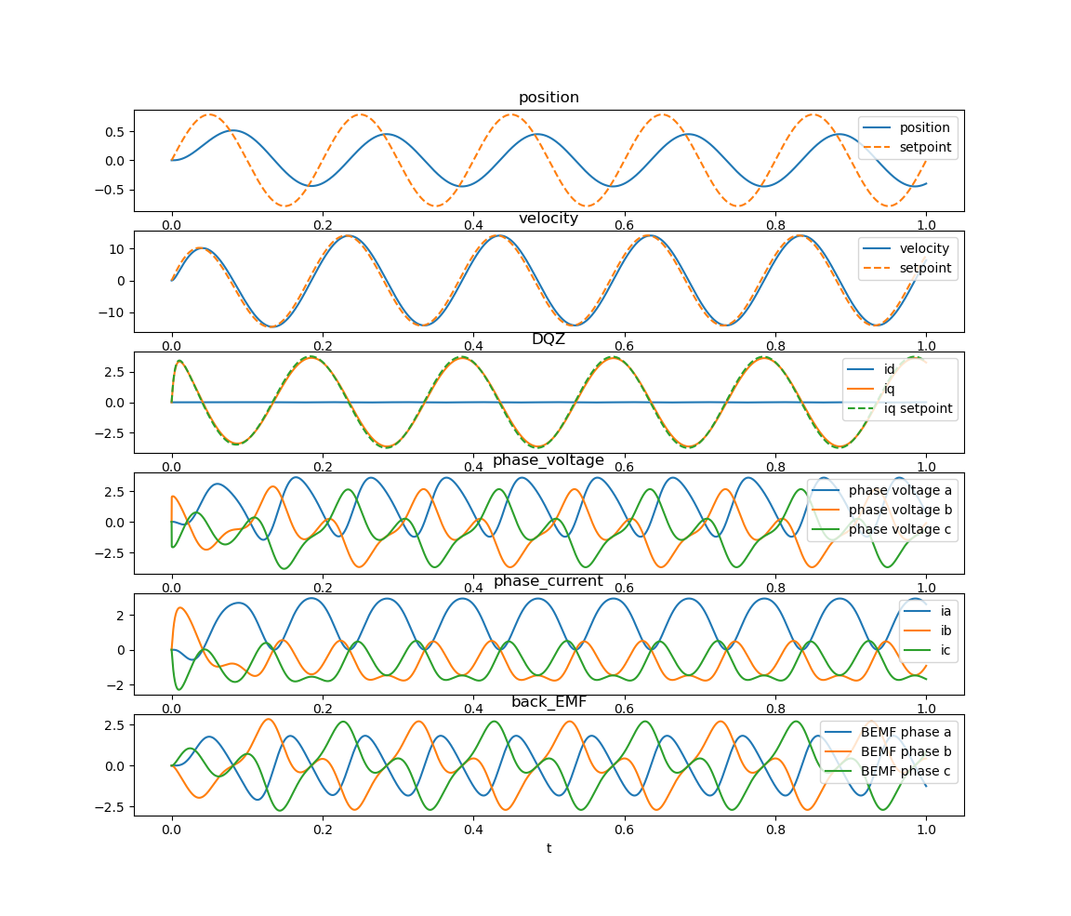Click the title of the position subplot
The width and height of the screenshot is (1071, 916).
pos(549,98)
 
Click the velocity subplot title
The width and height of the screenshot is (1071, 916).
pos(549,219)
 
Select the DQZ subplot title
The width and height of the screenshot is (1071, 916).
pos(549,339)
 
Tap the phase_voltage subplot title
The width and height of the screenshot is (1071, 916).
pos(549,460)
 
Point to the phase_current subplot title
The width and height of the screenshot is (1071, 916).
pos(549,581)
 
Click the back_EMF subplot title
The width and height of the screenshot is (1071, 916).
pos(549,702)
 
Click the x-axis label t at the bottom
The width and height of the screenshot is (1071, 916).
pos(549,848)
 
